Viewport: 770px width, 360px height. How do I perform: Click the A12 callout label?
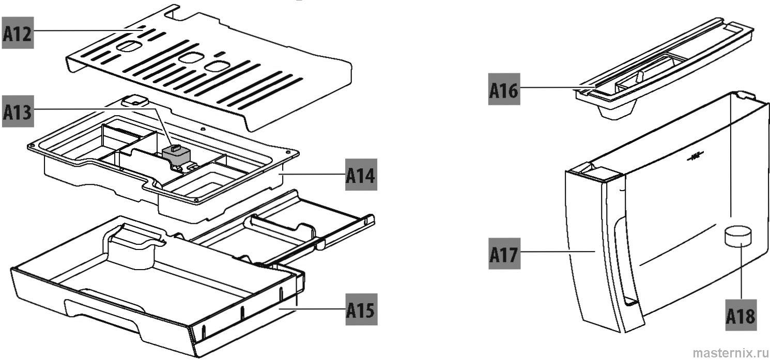click(x=18, y=33)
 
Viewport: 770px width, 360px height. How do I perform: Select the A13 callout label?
click(x=18, y=112)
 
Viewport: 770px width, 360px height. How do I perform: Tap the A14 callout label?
click(x=361, y=175)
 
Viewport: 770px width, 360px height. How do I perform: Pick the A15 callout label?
click(x=361, y=309)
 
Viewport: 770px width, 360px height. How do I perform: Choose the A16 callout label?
click(x=504, y=89)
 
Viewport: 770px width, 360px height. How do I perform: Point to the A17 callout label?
click(x=504, y=254)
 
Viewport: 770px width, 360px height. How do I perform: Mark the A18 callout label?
click(x=741, y=315)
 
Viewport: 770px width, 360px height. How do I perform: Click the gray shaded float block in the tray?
click(x=176, y=153)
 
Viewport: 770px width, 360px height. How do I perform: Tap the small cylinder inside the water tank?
click(x=737, y=237)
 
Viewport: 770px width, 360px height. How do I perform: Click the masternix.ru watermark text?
click(x=730, y=352)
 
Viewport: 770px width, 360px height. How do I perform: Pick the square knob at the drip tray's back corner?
click(x=135, y=100)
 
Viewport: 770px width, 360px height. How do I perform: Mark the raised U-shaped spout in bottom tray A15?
click(x=134, y=243)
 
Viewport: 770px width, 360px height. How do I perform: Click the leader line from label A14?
click(x=313, y=174)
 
